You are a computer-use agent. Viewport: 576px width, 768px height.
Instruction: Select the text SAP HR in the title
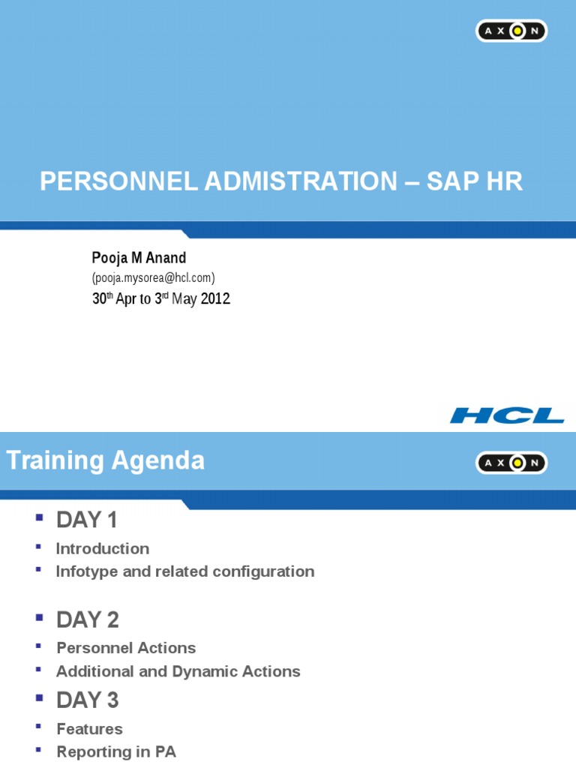click(x=474, y=181)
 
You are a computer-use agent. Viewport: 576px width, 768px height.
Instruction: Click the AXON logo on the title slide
click(x=511, y=31)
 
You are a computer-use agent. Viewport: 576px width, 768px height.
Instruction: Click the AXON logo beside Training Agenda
click(x=511, y=463)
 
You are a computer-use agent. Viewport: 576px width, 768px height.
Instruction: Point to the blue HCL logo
click(x=507, y=415)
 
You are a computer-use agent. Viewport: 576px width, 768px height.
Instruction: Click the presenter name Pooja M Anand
click(x=139, y=258)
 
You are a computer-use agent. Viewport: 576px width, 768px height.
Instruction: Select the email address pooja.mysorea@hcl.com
click(x=153, y=277)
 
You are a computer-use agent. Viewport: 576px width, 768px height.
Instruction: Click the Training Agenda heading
click(x=106, y=460)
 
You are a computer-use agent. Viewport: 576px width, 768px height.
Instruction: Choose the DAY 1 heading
click(x=86, y=520)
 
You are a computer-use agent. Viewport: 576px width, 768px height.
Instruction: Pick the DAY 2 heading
click(x=88, y=619)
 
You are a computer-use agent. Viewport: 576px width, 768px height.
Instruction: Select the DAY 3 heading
click(x=88, y=700)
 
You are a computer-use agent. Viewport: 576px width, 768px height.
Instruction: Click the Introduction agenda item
click(x=103, y=548)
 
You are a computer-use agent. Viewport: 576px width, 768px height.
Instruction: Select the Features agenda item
click(x=89, y=729)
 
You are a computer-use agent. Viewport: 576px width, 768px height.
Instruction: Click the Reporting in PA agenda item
click(x=116, y=751)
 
